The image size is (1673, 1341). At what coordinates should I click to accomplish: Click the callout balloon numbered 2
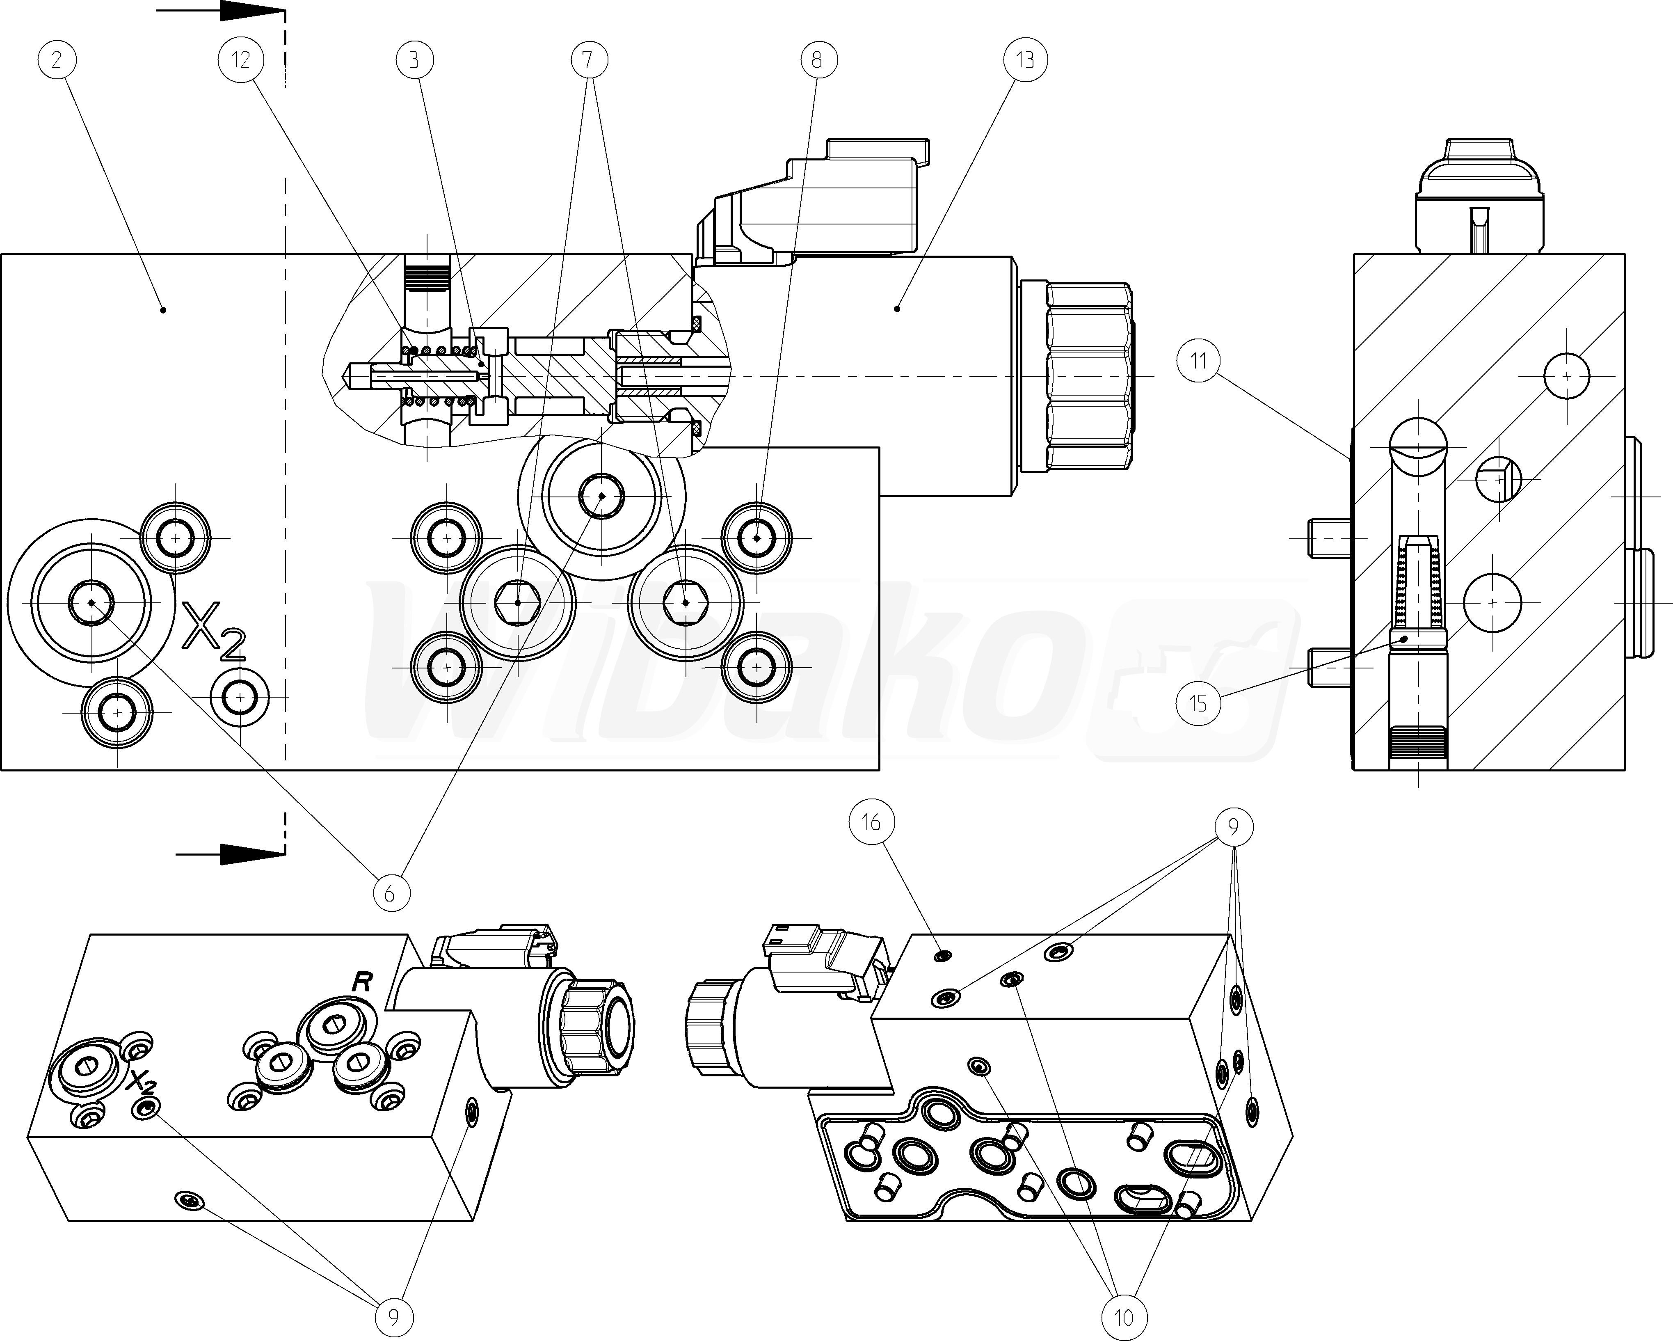pos(56,60)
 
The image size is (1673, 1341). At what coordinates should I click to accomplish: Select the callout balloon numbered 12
pos(240,60)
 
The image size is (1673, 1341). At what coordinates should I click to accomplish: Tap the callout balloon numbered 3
pos(414,60)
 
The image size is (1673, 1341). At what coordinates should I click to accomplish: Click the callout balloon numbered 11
pos(1198,361)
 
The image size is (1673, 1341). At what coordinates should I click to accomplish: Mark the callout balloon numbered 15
pos(1198,703)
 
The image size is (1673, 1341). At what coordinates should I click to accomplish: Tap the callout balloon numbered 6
pos(390,893)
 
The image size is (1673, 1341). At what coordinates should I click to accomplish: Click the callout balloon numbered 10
pos(1123,1317)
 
